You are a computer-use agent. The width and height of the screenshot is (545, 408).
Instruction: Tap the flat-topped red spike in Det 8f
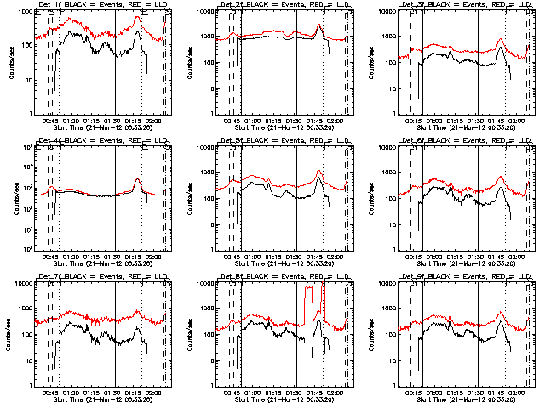(x=313, y=290)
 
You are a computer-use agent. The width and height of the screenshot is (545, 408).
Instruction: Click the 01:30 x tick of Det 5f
(x=295, y=254)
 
